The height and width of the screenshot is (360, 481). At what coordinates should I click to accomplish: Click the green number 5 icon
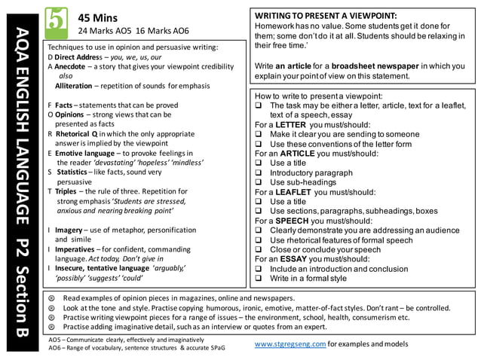(56, 20)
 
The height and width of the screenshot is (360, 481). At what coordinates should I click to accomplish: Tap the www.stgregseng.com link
(290, 343)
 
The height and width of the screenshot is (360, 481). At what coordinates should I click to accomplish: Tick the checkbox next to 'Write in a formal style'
(259, 279)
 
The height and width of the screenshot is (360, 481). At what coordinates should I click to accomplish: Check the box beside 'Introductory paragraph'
(259, 172)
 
